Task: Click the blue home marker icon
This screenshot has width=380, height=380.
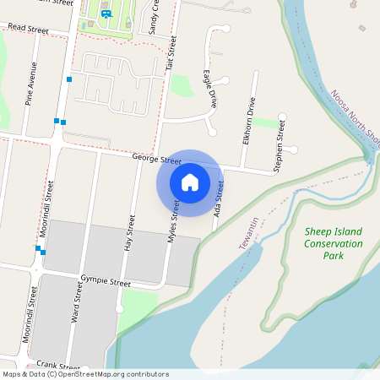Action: [x=190, y=182]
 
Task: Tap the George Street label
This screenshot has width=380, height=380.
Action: [x=157, y=159]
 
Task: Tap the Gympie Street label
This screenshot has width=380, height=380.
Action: [x=106, y=280]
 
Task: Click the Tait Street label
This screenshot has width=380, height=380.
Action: [x=170, y=52]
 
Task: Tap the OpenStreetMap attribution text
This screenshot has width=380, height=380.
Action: [x=85, y=374]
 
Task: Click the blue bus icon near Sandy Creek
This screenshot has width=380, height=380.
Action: [x=106, y=13]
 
